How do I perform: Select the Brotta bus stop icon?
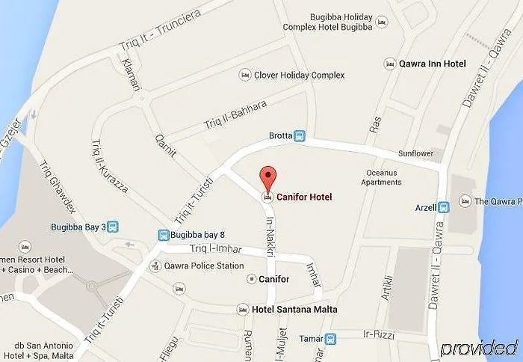(x=300, y=136)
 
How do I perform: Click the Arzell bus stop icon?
(x=442, y=207)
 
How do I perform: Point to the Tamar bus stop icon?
(x=332, y=339)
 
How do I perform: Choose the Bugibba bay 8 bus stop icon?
(x=163, y=235)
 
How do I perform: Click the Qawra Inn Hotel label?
(x=432, y=64)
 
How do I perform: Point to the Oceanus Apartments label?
(x=382, y=177)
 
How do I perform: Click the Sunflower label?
(x=415, y=154)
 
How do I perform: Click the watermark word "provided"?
(x=479, y=349)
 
